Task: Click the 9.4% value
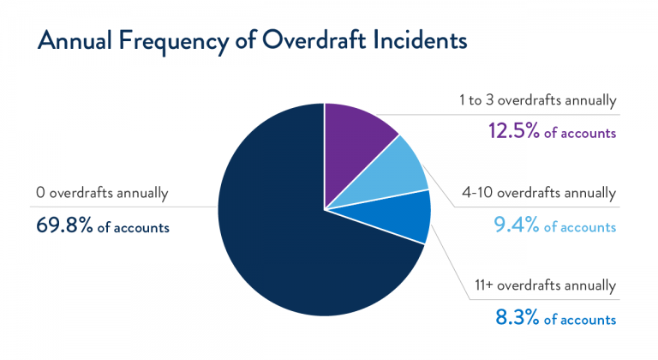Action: coord(516,226)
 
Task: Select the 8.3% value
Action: coord(516,319)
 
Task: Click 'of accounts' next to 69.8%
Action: coord(134,228)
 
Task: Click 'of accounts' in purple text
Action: coord(579,134)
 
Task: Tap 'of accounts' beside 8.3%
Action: coord(579,320)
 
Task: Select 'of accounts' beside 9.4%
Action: coord(579,227)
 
